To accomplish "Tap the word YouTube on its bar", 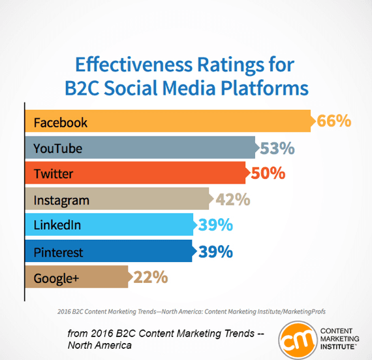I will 58,148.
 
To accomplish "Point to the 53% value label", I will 277,148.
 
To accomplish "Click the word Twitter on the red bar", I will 54,174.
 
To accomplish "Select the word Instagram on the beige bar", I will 61,200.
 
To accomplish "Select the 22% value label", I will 151,277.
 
